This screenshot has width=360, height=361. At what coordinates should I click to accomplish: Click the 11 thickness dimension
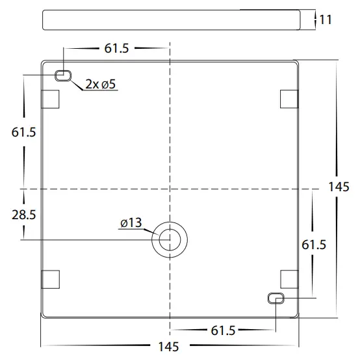click(x=326, y=20)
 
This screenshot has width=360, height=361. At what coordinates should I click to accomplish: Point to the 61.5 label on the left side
click(x=23, y=133)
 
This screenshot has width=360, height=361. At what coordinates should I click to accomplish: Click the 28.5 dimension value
click(x=23, y=215)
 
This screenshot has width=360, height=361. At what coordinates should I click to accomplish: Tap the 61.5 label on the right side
click(x=314, y=245)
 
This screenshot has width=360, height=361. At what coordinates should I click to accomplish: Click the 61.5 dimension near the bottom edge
click(x=222, y=330)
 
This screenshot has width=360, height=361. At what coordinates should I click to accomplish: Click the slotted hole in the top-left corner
click(x=63, y=75)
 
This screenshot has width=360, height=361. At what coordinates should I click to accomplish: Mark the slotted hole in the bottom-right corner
click(x=276, y=298)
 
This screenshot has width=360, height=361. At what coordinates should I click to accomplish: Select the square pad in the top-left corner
click(x=50, y=98)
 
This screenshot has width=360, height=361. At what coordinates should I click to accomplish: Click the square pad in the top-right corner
click(x=289, y=98)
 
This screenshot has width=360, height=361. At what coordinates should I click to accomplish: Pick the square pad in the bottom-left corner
click(x=50, y=279)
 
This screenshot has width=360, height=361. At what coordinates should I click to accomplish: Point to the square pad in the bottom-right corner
click(x=289, y=278)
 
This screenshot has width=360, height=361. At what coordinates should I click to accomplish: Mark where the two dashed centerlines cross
click(x=170, y=188)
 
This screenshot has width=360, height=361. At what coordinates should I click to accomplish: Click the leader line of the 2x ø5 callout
click(x=77, y=84)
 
